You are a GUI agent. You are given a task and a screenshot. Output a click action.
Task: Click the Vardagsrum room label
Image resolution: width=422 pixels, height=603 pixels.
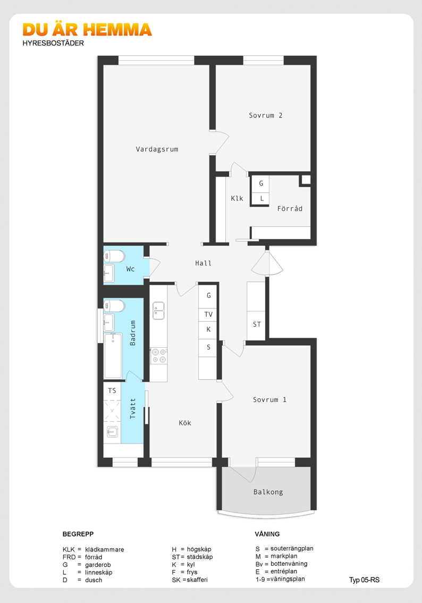pyautogui.click(x=157, y=149)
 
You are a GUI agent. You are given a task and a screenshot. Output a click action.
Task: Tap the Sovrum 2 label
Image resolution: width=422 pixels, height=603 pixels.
pyautogui.click(x=266, y=115)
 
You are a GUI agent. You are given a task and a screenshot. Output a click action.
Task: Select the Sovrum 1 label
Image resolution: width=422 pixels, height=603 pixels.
pyautogui.click(x=269, y=399)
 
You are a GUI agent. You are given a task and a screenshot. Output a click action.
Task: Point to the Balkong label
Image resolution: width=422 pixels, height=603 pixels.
pyautogui.click(x=268, y=492)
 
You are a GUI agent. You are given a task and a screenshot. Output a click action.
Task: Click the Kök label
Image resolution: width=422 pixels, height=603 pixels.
pyautogui.click(x=185, y=423)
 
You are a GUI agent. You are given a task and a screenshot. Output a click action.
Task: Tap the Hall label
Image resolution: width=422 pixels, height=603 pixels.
pyautogui.click(x=204, y=263)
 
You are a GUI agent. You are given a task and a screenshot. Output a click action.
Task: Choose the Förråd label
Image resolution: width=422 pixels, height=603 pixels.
pyautogui.click(x=290, y=208)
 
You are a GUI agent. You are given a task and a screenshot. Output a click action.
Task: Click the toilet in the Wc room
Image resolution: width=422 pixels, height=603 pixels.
pyautogui.click(x=114, y=256)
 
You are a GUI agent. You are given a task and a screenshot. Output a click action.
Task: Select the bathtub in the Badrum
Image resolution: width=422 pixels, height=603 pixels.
pyautogui.click(x=113, y=356)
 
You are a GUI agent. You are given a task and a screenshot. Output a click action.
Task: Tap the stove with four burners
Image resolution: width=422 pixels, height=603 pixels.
pyautogui.click(x=158, y=356)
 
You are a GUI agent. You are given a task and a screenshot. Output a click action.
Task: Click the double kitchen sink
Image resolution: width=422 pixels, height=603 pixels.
pyautogui.click(x=158, y=311)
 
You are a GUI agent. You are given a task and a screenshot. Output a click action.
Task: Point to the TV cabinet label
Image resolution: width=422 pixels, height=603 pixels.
pyautogui.click(x=208, y=314)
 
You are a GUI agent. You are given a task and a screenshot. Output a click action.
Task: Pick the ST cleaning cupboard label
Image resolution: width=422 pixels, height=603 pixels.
pyautogui.click(x=257, y=324)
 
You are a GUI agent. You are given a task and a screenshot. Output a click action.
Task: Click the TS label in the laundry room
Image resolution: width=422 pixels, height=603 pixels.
pyautogui.click(x=112, y=390)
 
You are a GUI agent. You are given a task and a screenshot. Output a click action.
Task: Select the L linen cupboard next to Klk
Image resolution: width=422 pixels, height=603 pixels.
pyautogui.click(x=261, y=198)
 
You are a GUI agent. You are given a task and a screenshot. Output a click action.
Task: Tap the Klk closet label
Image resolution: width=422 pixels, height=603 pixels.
pyautogui.click(x=237, y=198)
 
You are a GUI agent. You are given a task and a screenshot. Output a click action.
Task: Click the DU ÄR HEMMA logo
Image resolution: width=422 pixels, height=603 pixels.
pyautogui.click(x=87, y=30)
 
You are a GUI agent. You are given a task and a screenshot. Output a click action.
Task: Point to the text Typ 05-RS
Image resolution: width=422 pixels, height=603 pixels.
pyautogui.click(x=364, y=580)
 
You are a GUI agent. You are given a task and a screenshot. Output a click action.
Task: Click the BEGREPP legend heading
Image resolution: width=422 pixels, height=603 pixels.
pyautogui.click(x=78, y=534)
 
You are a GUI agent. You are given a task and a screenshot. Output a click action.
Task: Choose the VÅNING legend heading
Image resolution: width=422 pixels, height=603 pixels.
pyautogui.click(x=267, y=534)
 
